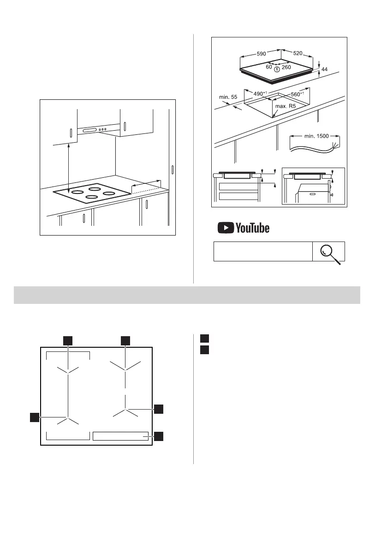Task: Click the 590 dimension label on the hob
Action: pos(261,54)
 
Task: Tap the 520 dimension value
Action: pos(298,54)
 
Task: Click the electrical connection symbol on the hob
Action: pos(276,69)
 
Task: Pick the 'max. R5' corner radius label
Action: pos(285,106)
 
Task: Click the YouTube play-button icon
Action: pos(226,228)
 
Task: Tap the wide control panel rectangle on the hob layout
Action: pos(120,436)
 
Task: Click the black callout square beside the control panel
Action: pos(159,436)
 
